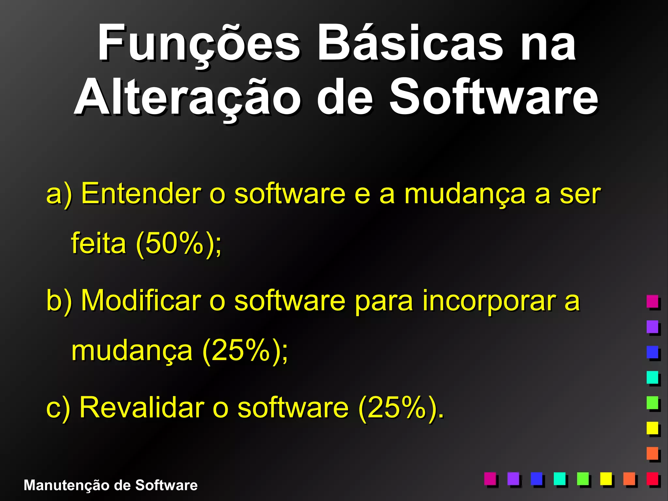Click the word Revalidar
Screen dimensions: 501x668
142,407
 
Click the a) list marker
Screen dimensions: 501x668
59,194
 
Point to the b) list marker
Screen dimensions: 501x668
59,300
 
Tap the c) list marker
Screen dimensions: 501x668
58,408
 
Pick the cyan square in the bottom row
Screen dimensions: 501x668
559,478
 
